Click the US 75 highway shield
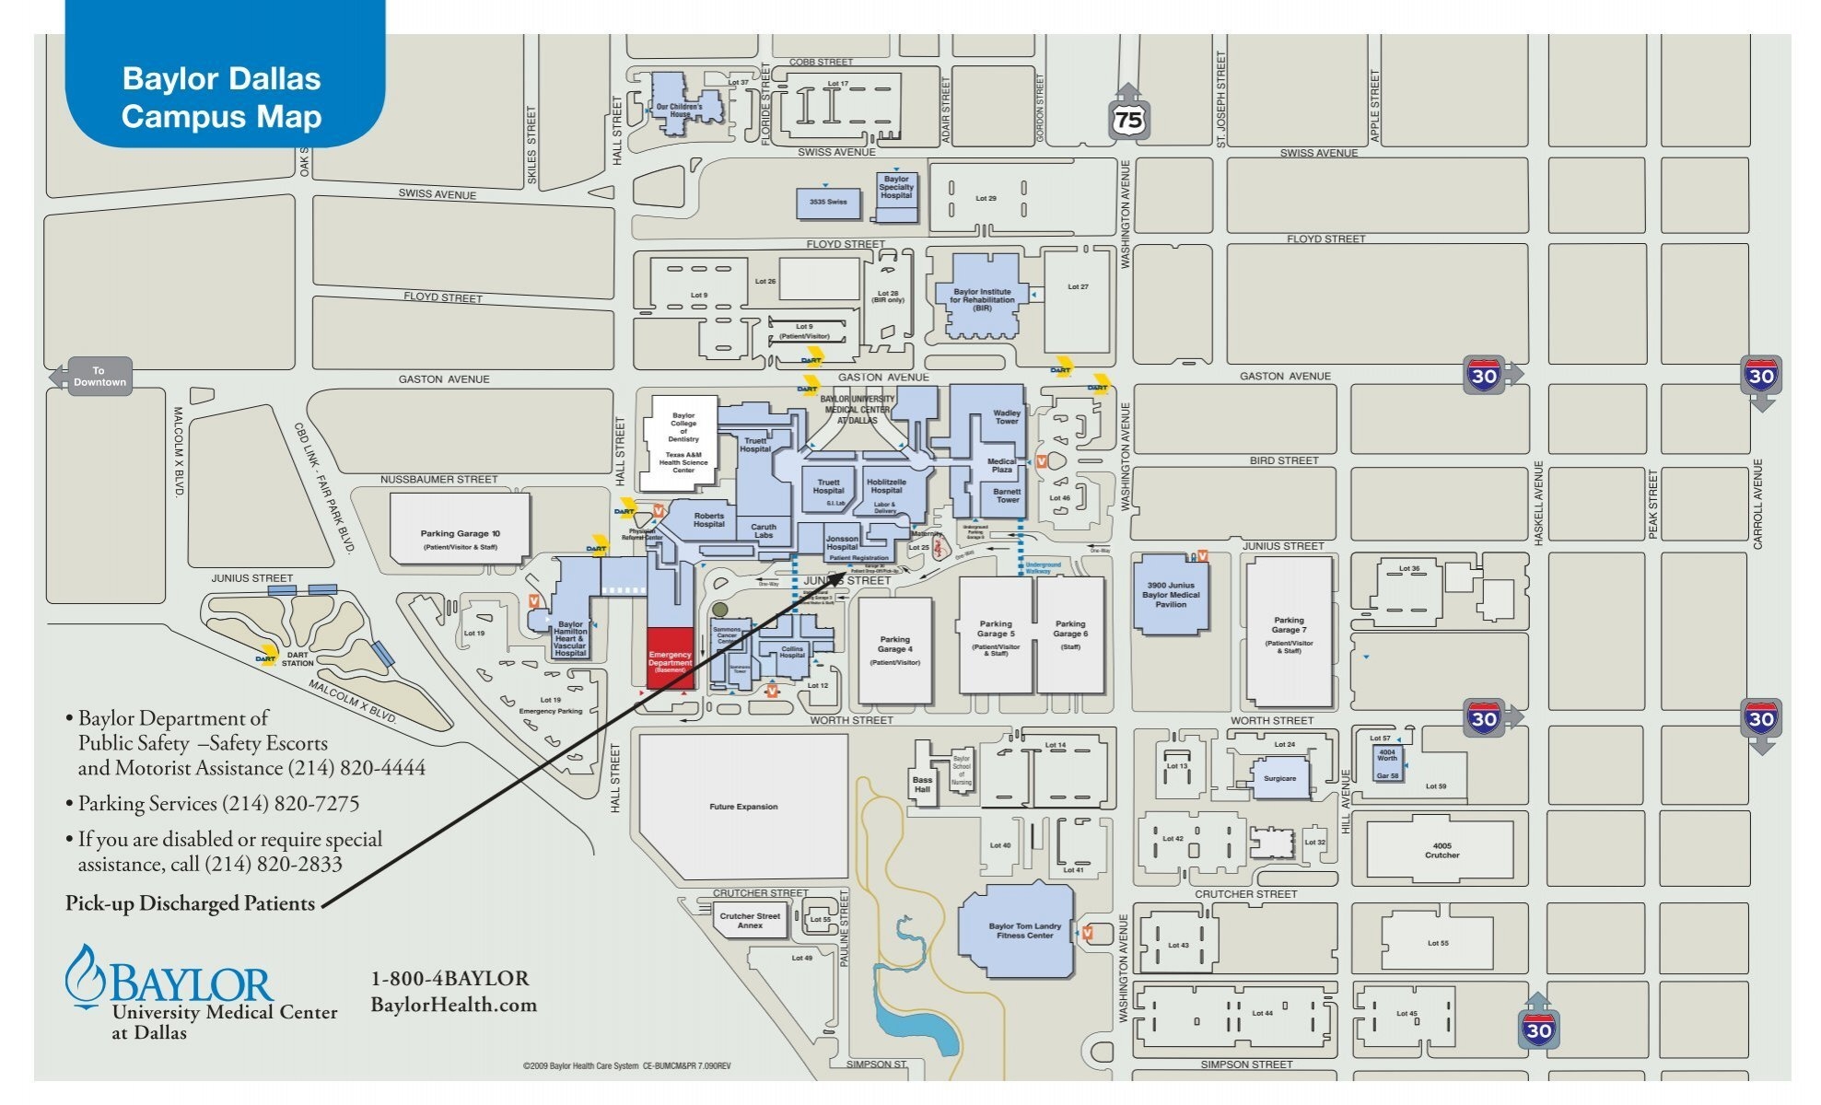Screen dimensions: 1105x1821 [1128, 118]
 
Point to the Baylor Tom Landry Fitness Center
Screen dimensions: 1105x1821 [1023, 931]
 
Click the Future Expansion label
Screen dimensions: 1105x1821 [743, 807]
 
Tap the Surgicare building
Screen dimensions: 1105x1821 [1279, 778]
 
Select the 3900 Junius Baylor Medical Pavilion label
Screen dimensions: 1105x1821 [1171, 595]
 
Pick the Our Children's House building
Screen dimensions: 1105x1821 [680, 110]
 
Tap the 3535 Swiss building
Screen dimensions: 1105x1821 [828, 203]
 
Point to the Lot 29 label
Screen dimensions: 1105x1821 [986, 198]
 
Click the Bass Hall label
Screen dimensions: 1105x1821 [922, 785]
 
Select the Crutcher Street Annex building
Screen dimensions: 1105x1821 [750, 920]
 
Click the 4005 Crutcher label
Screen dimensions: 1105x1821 [1442, 850]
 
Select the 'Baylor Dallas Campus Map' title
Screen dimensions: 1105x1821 [221, 98]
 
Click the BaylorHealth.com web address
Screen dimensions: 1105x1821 [453, 1005]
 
